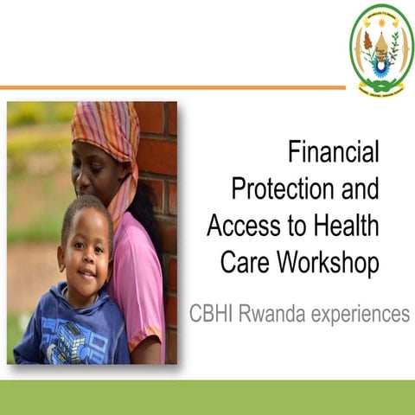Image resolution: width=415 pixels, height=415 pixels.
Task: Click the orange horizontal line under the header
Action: point(173,87)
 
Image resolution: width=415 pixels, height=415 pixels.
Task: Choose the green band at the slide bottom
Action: point(207,397)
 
